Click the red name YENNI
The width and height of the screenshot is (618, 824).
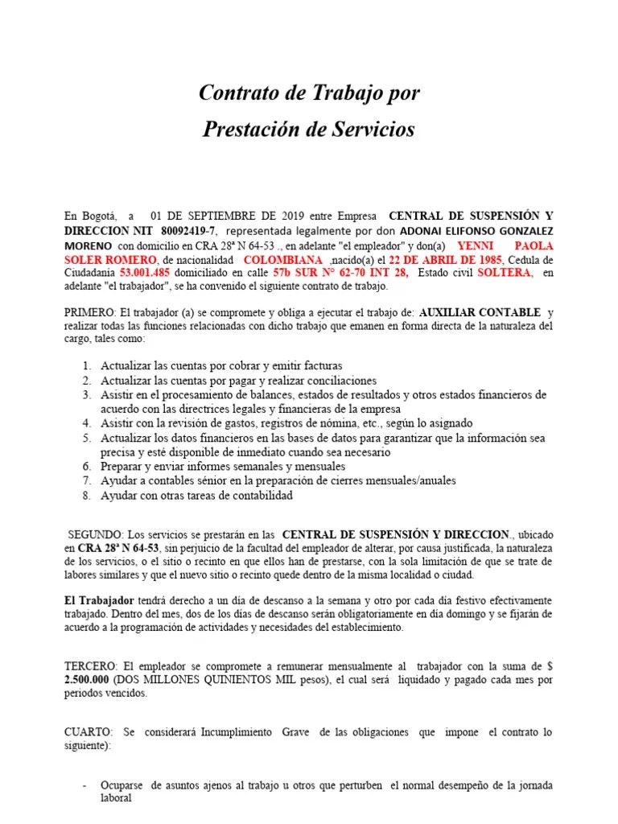(x=474, y=245)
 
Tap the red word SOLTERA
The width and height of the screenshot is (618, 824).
(x=505, y=273)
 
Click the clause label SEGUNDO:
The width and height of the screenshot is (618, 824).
(x=96, y=534)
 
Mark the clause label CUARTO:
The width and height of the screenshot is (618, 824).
(x=89, y=732)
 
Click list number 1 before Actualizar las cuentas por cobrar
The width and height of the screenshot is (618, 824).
(x=87, y=365)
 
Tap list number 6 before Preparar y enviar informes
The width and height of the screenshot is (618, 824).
(x=87, y=467)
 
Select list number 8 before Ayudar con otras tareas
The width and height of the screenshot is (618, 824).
(x=87, y=496)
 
